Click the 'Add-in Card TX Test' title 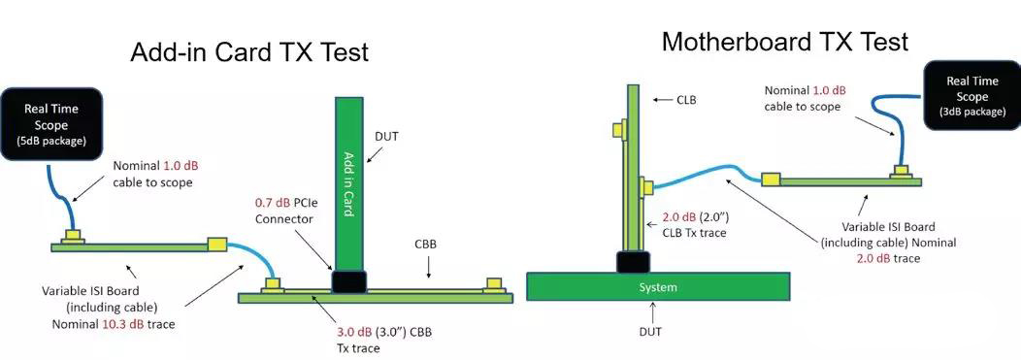click(x=249, y=52)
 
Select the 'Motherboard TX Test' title click(x=784, y=42)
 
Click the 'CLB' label click(x=686, y=99)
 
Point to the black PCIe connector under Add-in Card click(x=349, y=281)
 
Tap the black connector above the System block click(x=634, y=261)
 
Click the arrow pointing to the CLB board click(x=660, y=99)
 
